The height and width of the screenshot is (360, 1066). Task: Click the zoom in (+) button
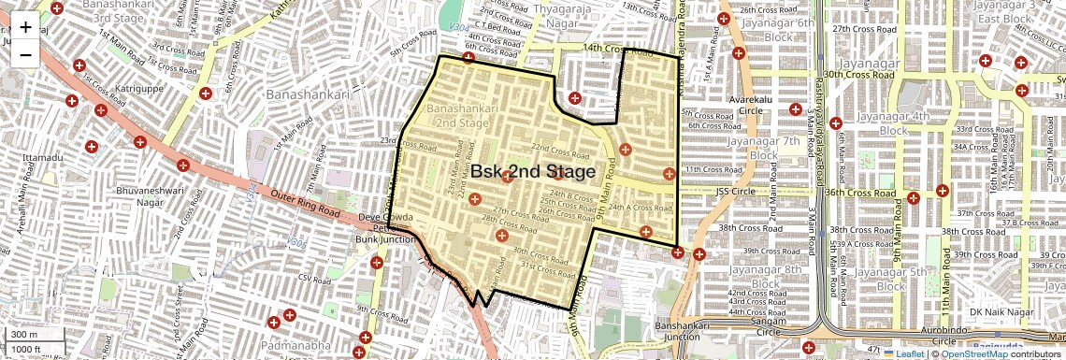(x=25, y=26)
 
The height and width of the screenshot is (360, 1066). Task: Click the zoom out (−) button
(x=25, y=54)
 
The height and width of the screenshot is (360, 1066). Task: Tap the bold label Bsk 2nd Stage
(x=532, y=172)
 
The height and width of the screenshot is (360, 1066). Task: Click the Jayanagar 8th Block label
(x=764, y=277)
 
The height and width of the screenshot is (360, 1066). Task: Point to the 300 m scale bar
(x=24, y=335)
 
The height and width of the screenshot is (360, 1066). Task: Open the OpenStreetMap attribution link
(x=973, y=353)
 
